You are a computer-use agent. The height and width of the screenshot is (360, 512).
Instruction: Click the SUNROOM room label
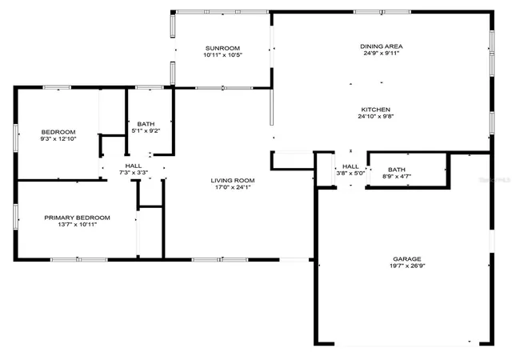click(222, 48)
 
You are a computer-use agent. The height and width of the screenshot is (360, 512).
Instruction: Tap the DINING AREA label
click(382, 46)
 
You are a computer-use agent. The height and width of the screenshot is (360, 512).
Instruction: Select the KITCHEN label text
click(375, 110)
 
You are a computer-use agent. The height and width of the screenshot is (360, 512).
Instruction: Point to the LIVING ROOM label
click(233, 180)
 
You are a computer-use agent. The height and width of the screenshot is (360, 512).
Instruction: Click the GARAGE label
click(407, 259)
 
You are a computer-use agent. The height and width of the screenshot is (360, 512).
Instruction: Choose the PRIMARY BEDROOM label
click(77, 218)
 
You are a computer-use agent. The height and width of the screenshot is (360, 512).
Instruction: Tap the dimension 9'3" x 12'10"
click(58, 139)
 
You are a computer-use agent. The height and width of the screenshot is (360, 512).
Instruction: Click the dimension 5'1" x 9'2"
click(146, 130)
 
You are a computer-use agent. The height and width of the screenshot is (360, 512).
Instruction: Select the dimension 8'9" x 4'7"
click(397, 177)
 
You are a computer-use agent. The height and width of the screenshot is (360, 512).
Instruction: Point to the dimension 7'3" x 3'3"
click(134, 173)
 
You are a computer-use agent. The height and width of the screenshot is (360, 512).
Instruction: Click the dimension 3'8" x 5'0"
click(350, 173)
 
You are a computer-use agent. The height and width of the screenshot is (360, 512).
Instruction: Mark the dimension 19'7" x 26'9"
click(407, 266)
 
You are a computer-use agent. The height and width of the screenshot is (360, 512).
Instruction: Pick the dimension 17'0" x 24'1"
click(233, 187)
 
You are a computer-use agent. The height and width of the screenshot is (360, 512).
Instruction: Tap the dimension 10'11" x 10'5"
click(222, 55)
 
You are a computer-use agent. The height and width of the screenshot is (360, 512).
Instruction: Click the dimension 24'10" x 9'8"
click(376, 116)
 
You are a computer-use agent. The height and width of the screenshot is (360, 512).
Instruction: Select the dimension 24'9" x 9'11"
click(382, 54)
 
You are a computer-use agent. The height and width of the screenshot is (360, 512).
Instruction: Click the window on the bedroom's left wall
click(15, 138)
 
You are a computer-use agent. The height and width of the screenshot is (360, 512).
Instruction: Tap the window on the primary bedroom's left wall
click(15, 217)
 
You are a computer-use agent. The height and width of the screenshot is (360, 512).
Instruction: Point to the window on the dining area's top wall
click(382, 12)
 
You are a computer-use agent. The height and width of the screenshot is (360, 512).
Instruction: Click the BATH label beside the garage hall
click(397, 170)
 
